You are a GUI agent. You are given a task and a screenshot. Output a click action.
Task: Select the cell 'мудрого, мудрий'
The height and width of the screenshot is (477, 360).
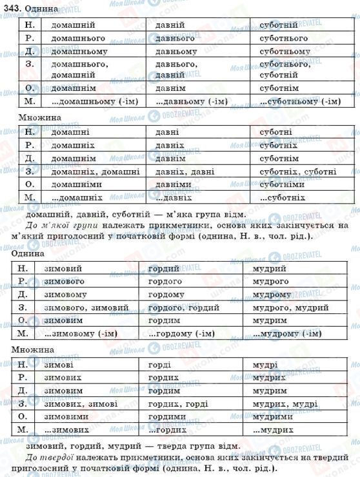click(x=284, y=307)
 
